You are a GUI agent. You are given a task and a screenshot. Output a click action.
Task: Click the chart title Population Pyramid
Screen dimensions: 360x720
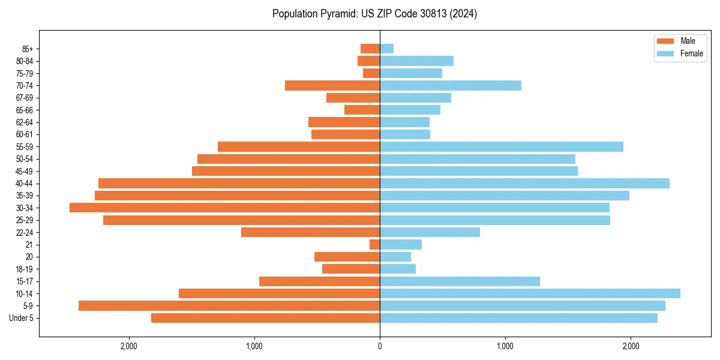pyautogui.click(x=374, y=14)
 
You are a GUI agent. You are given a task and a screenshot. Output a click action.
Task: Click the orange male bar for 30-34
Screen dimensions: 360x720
pyautogui.click(x=224, y=208)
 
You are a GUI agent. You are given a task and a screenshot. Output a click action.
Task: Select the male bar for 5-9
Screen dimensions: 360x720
pyautogui.click(x=229, y=305)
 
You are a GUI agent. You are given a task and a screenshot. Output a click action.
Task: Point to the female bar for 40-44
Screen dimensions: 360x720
pyautogui.click(x=524, y=183)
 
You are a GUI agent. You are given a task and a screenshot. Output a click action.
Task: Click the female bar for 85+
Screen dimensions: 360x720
pyautogui.click(x=386, y=49)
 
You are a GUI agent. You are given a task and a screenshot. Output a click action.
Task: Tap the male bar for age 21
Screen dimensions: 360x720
pyautogui.click(x=375, y=244)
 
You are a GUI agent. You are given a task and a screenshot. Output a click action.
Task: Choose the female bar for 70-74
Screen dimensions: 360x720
pyautogui.click(x=451, y=85)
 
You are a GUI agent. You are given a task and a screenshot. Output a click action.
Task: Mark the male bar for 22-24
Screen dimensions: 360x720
pyautogui.click(x=310, y=232)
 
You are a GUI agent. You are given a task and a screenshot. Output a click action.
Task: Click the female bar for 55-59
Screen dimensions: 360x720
pyautogui.click(x=502, y=146)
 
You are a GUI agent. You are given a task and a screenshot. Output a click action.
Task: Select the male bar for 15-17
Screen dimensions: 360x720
pyautogui.click(x=319, y=281)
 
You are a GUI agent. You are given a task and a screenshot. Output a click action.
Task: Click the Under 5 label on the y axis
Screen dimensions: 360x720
pyautogui.click(x=21, y=318)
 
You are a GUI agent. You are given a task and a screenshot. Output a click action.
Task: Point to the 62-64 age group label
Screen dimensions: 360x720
pyautogui.click(x=25, y=122)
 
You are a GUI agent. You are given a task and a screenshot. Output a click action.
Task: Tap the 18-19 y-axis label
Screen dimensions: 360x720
pyautogui.click(x=25, y=269)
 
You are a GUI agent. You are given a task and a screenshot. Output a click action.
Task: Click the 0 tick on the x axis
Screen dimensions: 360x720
pyautogui.click(x=380, y=346)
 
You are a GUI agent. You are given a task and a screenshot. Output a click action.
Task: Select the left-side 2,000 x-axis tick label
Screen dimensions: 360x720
pyautogui.click(x=129, y=346)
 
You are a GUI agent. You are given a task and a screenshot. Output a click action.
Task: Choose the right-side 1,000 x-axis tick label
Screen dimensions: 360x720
pyautogui.click(x=505, y=346)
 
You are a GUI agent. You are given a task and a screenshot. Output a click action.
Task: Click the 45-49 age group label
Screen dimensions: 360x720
pyautogui.click(x=25, y=171)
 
